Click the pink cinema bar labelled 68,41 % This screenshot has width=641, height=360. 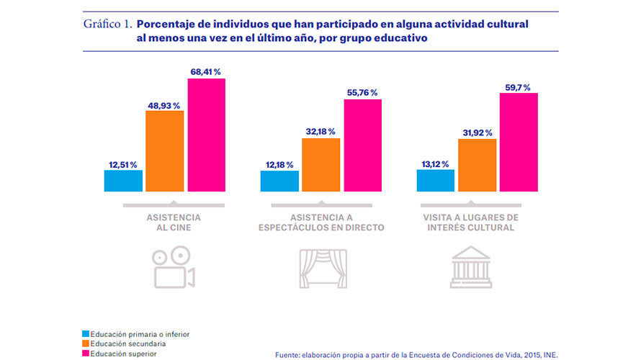tap(207, 135)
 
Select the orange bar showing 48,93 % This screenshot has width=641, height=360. tap(164, 151)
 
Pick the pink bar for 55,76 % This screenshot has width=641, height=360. tap(362, 145)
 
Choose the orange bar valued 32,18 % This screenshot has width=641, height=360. tap(320, 165)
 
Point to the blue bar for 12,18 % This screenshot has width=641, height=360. tap(279, 181)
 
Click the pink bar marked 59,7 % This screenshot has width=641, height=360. tap(519, 142)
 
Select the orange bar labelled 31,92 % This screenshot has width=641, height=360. tap(477, 165)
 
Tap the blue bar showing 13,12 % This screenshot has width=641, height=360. tap(435, 180)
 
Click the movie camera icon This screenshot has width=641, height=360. tap(174, 267)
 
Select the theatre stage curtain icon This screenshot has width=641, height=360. tap(322, 269)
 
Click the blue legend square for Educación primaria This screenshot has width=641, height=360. tap(86, 334)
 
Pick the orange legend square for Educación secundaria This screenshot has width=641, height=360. tap(86, 343)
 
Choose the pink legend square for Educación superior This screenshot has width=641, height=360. tap(86, 354)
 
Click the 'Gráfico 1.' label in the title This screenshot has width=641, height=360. tap(107, 24)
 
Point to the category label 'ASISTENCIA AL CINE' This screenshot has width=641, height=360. tap(174, 222)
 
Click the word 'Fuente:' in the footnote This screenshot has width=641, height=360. tap(290, 354)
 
